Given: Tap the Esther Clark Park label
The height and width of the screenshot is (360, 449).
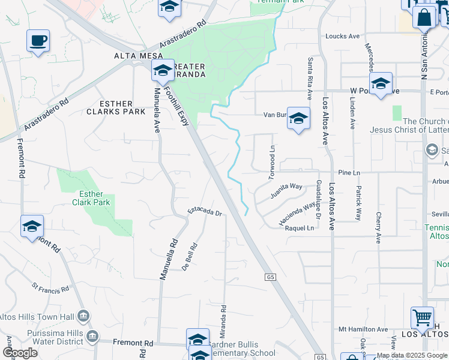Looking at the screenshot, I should click(x=95, y=199).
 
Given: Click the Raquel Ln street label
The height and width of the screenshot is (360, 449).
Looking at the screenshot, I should click(x=300, y=228).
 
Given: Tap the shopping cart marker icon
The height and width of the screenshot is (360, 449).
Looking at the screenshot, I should click(x=422, y=317).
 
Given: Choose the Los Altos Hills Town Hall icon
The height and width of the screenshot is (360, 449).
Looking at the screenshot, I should click(x=83, y=316).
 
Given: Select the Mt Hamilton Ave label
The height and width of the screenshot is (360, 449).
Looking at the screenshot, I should click(x=363, y=329).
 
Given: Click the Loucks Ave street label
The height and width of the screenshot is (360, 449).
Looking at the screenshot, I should click(x=342, y=36).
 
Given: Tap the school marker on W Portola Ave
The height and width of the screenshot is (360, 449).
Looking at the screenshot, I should click(x=381, y=84).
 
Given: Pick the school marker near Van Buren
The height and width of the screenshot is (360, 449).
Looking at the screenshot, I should click(x=298, y=119).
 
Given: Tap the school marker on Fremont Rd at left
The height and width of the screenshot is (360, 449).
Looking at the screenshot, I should click(x=32, y=226).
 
